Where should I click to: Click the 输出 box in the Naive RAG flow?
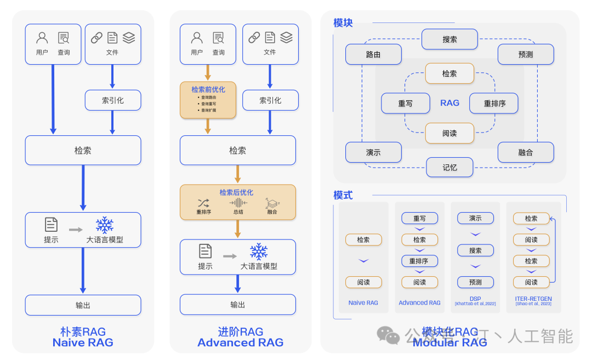click(83, 305)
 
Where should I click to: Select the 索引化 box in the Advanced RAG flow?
click(270, 100)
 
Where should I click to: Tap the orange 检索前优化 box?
click(208, 100)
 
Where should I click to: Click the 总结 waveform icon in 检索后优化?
click(238, 203)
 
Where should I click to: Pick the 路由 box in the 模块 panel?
click(373, 55)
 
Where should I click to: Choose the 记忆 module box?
click(449, 167)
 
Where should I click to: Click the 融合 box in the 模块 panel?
click(525, 152)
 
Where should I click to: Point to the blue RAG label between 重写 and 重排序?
click(449, 103)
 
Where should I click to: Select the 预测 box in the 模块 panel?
click(525, 55)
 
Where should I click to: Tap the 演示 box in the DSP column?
click(475, 218)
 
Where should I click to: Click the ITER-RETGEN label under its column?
click(533, 299)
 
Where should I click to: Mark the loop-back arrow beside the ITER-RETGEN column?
click(554, 249)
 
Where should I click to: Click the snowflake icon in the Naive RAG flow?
click(104, 225)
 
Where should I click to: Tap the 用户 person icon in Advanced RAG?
click(197, 38)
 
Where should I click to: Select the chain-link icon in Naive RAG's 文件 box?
click(96, 38)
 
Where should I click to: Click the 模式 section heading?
click(343, 195)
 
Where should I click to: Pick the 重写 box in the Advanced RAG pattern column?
click(419, 218)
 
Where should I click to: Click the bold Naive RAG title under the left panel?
click(83, 343)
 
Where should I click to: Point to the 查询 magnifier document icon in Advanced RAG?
click(218, 38)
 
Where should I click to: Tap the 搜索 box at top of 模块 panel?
click(449, 39)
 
